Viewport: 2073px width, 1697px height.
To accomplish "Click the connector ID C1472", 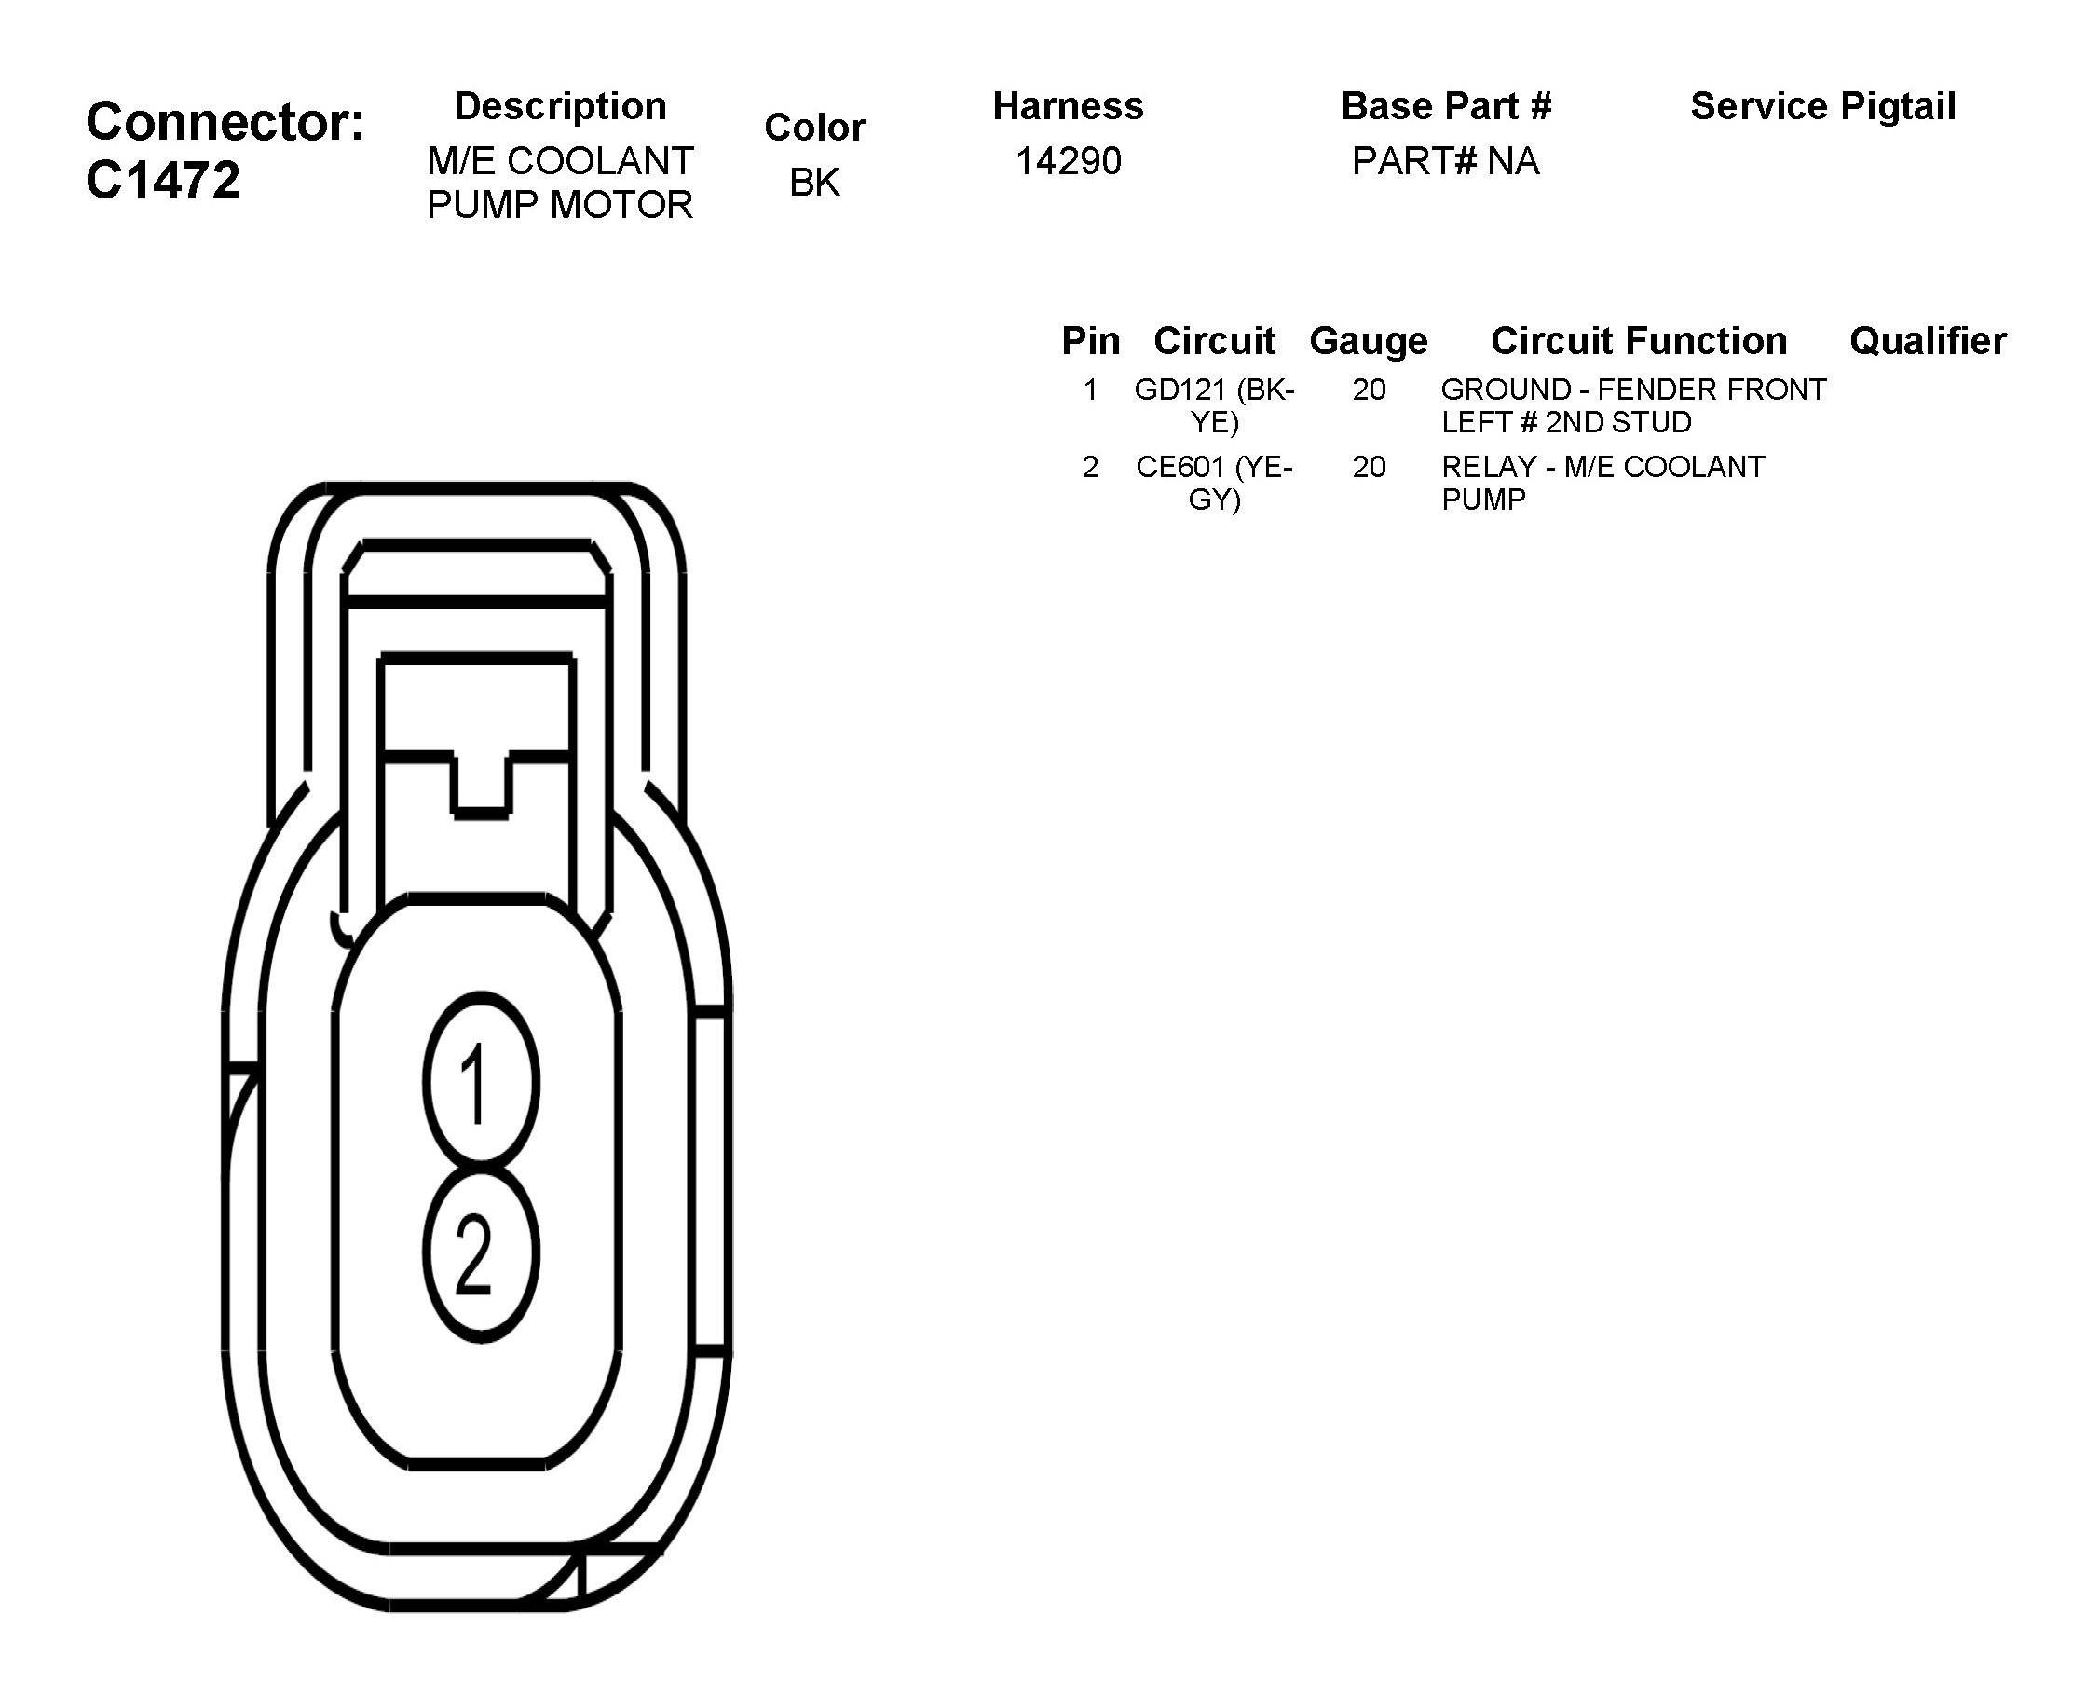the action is point(163,181).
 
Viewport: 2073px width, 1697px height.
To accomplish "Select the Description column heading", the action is point(560,105).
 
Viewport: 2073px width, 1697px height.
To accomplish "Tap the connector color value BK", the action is point(814,182).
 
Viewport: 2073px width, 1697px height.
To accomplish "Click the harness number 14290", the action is point(1069,161).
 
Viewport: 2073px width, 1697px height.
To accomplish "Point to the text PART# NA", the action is point(1446,161).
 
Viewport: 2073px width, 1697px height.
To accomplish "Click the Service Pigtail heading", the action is point(1822,105).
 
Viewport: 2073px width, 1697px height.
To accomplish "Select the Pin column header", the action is point(1091,340).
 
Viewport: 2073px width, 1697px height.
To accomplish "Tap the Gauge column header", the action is point(1369,340).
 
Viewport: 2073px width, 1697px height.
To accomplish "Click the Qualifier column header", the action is point(1928,340).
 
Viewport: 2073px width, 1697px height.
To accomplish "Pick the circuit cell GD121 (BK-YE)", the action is point(1214,405).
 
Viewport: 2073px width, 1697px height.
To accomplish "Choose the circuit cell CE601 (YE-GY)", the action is point(1214,483).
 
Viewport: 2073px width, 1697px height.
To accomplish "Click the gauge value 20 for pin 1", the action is point(1369,390).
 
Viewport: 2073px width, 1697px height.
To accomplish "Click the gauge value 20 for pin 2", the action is point(1369,467).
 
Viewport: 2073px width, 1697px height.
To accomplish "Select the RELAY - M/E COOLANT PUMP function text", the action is point(1602,483).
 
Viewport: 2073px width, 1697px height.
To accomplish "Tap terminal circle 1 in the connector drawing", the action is point(481,1082).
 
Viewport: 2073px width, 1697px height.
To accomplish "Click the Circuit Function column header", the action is point(1638,340).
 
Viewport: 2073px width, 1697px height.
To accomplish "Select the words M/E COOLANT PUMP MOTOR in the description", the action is point(560,183).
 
